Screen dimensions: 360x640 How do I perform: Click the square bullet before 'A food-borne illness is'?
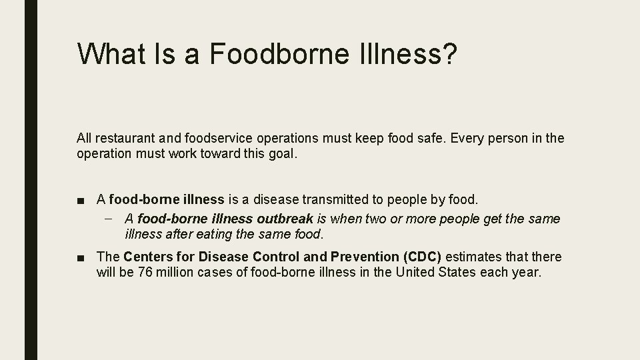pyautogui.click(x=81, y=199)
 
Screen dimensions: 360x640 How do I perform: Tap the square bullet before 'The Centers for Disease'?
pyautogui.click(x=81, y=257)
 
